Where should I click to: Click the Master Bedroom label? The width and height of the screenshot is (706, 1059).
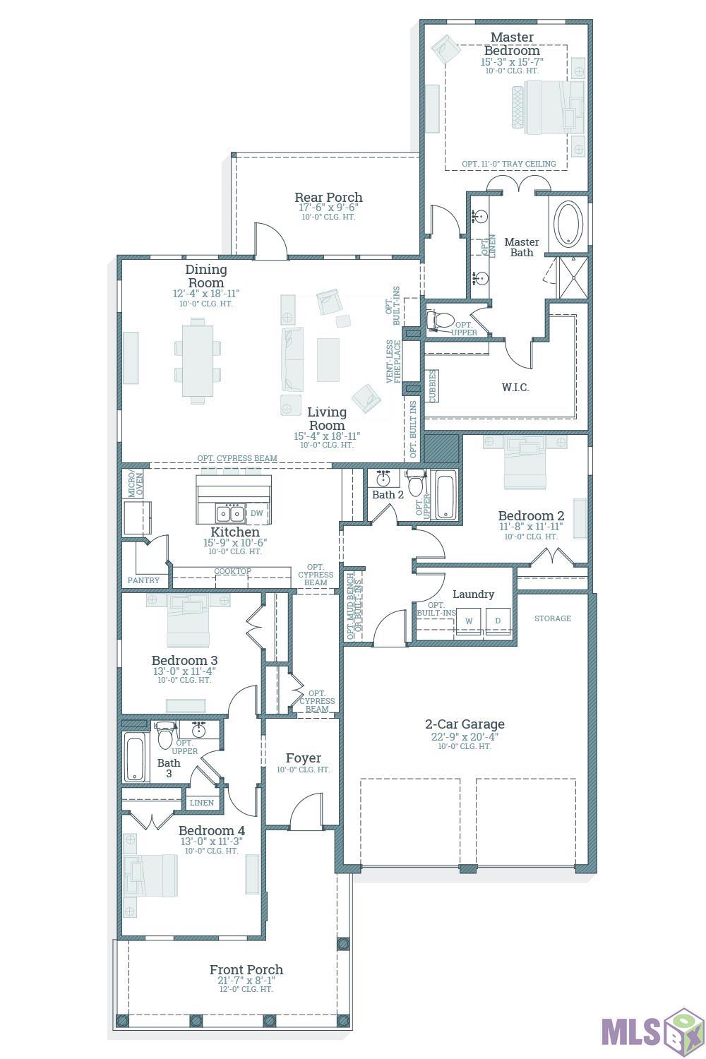click(x=512, y=44)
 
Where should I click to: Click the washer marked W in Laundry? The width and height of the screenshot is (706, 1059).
click(x=469, y=621)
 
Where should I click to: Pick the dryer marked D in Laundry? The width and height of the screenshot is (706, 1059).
click(x=498, y=621)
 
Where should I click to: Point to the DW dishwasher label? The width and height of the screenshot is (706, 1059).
click(x=257, y=513)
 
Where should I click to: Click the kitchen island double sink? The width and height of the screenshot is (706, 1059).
click(x=230, y=513)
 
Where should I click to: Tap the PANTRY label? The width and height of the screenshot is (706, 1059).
click(x=143, y=580)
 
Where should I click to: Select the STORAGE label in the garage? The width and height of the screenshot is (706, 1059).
click(x=552, y=618)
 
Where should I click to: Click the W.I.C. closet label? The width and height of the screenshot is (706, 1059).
click(x=515, y=387)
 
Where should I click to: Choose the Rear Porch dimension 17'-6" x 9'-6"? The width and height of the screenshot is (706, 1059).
click(x=329, y=208)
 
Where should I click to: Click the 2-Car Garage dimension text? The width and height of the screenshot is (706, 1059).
click(x=465, y=736)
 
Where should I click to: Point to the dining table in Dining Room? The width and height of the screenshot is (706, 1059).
click(x=198, y=361)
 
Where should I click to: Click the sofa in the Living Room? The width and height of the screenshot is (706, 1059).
click(x=292, y=359)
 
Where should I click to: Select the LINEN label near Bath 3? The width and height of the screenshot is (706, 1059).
click(x=201, y=802)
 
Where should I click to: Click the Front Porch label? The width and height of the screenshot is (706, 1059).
click(x=246, y=969)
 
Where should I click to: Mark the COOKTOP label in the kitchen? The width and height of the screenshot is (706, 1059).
click(x=233, y=571)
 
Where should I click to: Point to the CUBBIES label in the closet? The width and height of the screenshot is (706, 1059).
click(x=432, y=386)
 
